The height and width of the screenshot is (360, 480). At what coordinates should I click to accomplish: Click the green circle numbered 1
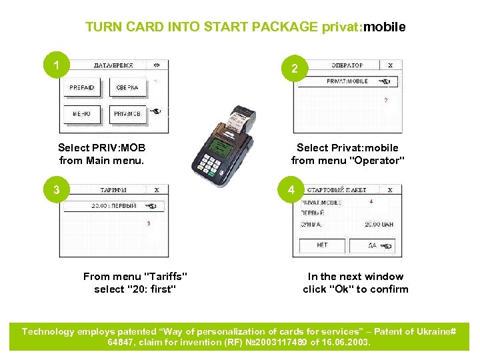(x=57, y=66)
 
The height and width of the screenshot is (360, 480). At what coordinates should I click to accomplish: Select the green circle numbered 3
(x=57, y=191)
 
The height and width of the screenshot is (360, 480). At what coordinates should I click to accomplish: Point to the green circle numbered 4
(x=291, y=191)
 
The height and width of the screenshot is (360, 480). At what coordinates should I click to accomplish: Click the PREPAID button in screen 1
(x=83, y=88)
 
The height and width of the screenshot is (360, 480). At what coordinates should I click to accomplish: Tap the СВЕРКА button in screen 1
(x=127, y=88)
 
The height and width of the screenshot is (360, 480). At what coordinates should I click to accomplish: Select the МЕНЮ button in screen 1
(x=83, y=114)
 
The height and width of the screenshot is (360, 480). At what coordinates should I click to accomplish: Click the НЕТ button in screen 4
(x=322, y=245)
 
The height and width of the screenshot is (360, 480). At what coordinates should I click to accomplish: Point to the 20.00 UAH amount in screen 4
(x=379, y=225)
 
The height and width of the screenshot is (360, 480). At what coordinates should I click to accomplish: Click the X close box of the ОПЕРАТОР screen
(x=390, y=65)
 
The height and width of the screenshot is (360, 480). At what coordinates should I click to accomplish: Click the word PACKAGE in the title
(x=282, y=27)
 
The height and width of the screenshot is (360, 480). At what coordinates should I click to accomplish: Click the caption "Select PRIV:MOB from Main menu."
(x=102, y=154)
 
